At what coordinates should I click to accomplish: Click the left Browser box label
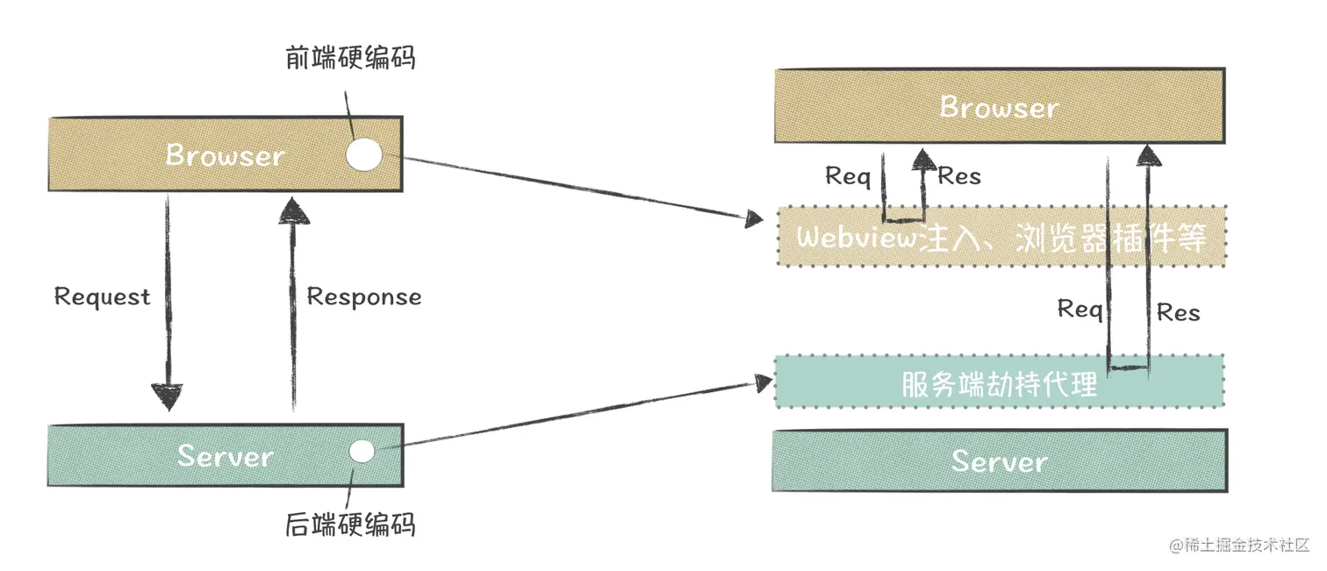point(226,155)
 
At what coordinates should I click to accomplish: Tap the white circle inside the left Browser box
point(363,155)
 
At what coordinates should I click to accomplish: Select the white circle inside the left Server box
point(361,452)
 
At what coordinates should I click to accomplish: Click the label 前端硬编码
point(350,58)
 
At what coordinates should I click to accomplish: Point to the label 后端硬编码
point(350,525)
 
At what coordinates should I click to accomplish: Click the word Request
point(102,296)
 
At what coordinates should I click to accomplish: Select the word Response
point(363,296)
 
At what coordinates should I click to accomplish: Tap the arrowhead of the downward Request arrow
point(167,396)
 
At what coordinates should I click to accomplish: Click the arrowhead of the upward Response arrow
point(293,208)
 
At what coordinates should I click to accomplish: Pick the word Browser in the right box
point(999,107)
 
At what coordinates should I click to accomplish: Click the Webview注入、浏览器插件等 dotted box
point(1001,237)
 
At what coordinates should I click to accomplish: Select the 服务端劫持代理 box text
point(999,384)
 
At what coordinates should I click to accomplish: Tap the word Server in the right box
point(999,461)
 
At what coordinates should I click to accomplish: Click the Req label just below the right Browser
point(848,176)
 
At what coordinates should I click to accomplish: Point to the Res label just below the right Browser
point(959,176)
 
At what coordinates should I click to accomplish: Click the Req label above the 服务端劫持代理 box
point(1080,309)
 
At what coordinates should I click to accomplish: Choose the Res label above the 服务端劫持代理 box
point(1178,311)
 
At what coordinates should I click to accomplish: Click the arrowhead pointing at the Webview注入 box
point(754,219)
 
